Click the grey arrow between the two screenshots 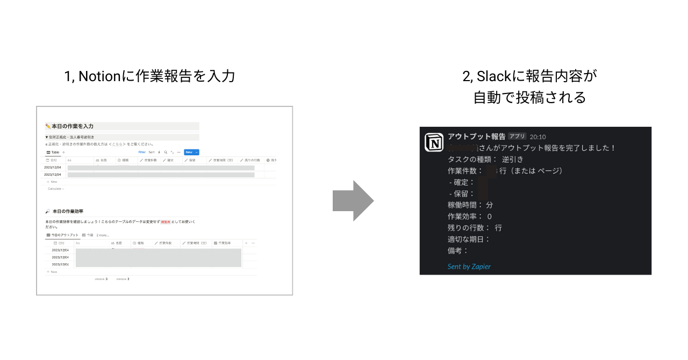click(353, 201)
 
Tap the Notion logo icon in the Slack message click(434, 142)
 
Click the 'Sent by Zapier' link click(469, 267)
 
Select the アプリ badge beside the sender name click(517, 136)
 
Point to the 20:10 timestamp click(537, 137)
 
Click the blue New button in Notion click(191, 152)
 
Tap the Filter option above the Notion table click(142, 152)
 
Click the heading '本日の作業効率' click(68, 211)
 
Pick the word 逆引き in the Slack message click(512, 159)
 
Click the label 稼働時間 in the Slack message click(465, 205)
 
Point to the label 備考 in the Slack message click(457, 250)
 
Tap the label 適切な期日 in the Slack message click(468, 239)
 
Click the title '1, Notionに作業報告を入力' click(149, 76)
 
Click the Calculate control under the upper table click(55, 189)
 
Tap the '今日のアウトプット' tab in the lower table click(64, 235)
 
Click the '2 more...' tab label click(103, 235)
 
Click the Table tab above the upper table click(54, 152)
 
